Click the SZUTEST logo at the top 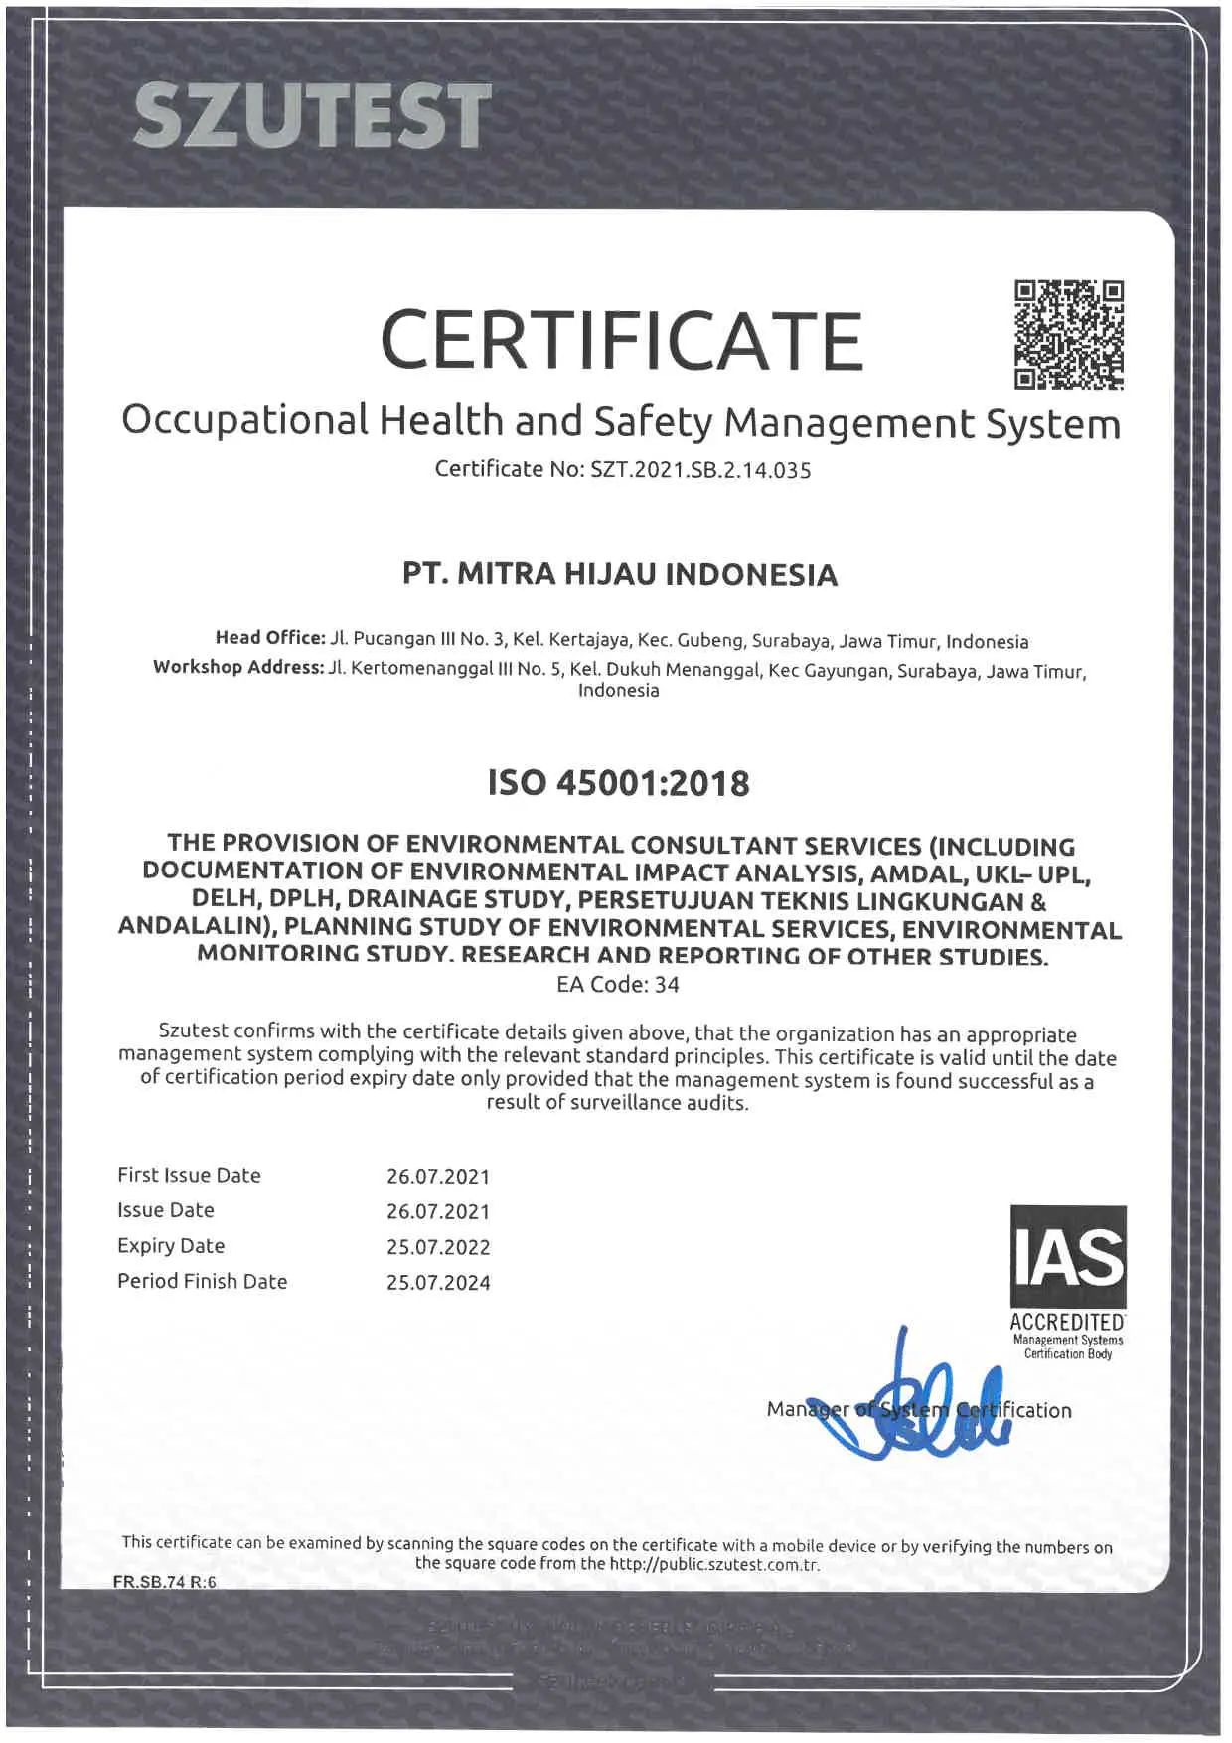[311, 115]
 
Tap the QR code [1068, 335]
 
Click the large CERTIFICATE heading [621, 340]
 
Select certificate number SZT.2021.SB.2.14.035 [700, 470]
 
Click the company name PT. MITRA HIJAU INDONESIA [620, 574]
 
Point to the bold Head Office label [269, 638]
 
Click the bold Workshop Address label [238, 667]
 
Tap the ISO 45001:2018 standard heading [618, 783]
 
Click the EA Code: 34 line [617, 985]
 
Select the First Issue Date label [189, 1175]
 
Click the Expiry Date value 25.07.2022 [438, 1247]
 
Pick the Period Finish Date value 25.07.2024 [438, 1283]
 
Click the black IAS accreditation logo [1068, 1256]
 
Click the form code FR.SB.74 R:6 [164, 1582]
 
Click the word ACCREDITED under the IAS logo [1067, 1322]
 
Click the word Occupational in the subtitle [245, 421]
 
